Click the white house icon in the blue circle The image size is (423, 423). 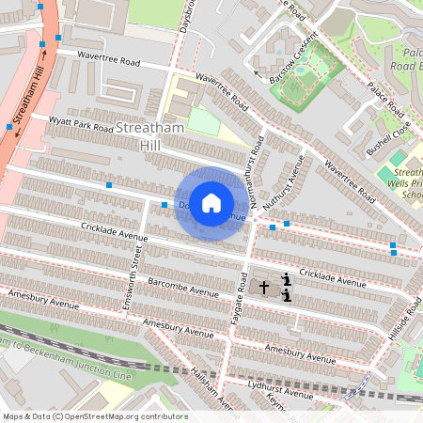(x=211, y=202)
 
